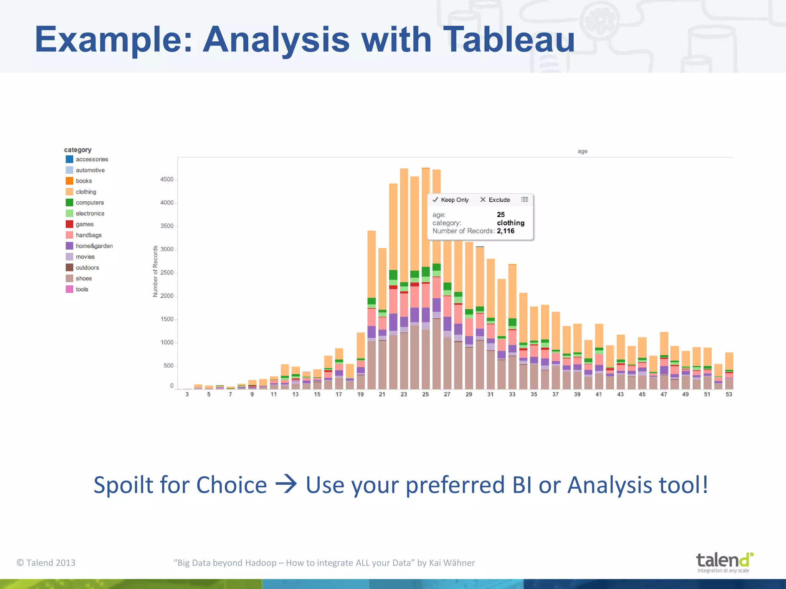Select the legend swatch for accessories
click(69, 159)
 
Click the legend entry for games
click(84, 224)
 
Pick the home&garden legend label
click(94, 246)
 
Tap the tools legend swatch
click(69, 289)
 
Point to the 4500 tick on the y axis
click(167, 179)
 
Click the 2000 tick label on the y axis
click(167, 296)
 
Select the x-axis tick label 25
click(425, 394)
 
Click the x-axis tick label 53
click(729, 394)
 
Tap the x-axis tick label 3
click(187, 394)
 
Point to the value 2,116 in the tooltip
click(505, 231)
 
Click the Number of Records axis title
click(155, 271)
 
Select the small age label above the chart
click(582, 151)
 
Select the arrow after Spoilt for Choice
click(286, 485)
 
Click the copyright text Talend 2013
click(46, 563)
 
